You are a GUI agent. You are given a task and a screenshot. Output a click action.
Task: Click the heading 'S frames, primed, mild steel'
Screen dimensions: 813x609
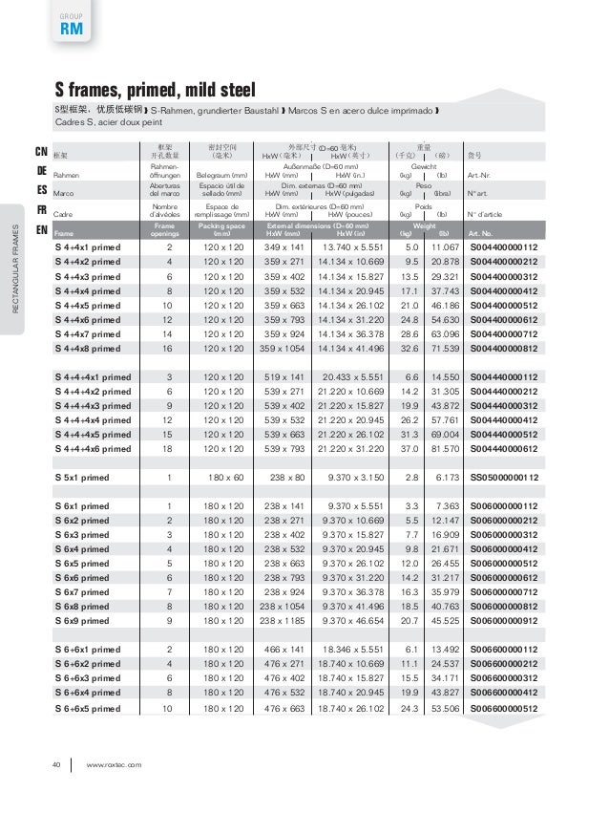click(x=155, y=90)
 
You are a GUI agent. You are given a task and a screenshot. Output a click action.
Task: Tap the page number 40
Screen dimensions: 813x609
click(x=56, y=763)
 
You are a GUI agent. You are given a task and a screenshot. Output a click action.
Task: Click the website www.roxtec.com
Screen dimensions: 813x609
click(x=114, y=763)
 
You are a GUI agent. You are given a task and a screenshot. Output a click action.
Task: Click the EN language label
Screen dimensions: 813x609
click(x=42, y=230)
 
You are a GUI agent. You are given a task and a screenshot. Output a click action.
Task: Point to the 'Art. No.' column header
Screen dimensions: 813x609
click(x=481, y=233)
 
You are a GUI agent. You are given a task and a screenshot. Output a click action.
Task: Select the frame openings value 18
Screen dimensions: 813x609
click(x=169, y=448)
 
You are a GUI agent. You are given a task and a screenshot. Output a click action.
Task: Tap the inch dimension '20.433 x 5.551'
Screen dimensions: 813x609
click(x=354, y=377)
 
